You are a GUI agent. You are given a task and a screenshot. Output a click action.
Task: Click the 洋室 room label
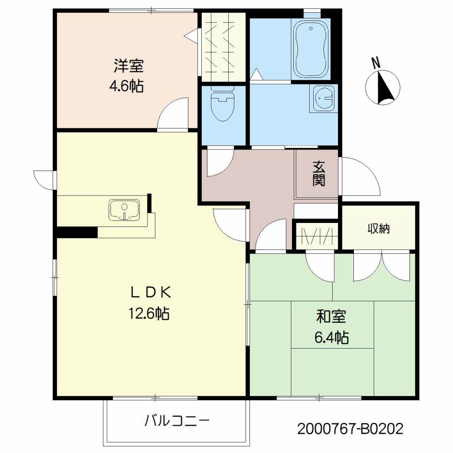point(128,66)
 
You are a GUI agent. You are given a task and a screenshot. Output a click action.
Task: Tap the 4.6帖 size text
point(127,86)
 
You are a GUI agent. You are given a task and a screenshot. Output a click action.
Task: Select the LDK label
point(150,293)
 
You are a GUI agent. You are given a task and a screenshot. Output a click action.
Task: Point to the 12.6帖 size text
point(149,314)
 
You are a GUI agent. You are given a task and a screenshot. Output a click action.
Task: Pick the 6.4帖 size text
point(331,337)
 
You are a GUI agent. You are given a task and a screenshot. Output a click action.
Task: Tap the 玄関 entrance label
point(319,173)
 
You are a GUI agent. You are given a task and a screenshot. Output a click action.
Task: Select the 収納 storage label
point(379,229)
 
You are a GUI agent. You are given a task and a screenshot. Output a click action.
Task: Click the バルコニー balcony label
point(177,421)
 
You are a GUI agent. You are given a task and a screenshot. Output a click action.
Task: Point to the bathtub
point(311,49)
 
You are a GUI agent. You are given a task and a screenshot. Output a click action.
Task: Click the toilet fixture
point(222,104)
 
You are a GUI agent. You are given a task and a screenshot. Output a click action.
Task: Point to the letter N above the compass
point(376,63)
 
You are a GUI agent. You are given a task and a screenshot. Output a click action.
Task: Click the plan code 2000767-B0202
point(350,429)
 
